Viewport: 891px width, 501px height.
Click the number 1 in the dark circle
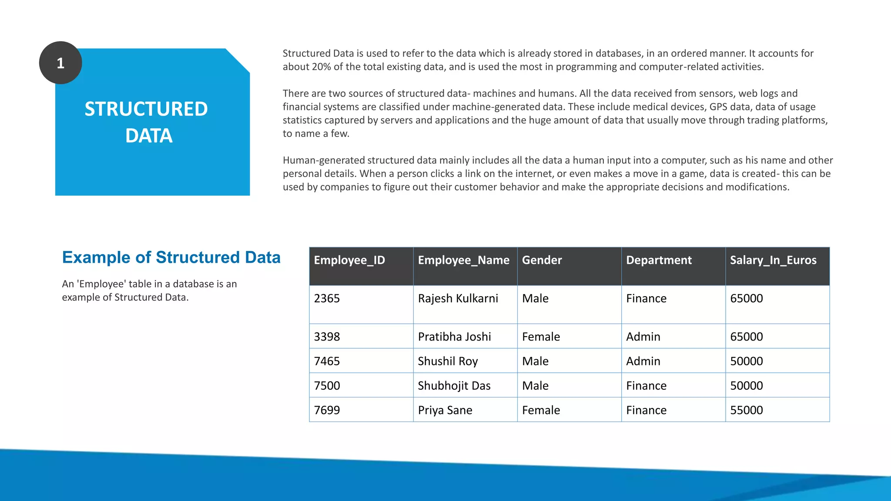[60, 63]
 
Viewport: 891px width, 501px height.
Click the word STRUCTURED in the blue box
[146, 109]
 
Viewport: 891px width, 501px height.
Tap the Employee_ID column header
[349, 260]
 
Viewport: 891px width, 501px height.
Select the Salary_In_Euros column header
[773, 260]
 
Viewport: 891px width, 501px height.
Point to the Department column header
[659, 260]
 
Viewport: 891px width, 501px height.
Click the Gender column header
[542, 260]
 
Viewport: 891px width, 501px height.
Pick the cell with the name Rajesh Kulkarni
[458, 298]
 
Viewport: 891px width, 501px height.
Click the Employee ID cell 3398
[327, 337]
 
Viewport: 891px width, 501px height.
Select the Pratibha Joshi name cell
[454, 337]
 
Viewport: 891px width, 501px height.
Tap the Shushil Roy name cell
[448, 361]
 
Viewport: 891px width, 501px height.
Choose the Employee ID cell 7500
[327, 386]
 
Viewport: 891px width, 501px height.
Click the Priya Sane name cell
[445, 410]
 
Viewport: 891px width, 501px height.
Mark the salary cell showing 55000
[747, 410]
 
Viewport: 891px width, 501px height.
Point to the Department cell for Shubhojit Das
[646, 386]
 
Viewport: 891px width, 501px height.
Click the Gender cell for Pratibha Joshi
[541, 337]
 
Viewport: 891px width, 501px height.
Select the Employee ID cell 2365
[327, 298]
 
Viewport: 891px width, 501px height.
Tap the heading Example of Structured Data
[171, 257]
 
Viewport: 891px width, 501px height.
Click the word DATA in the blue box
[149, 136]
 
